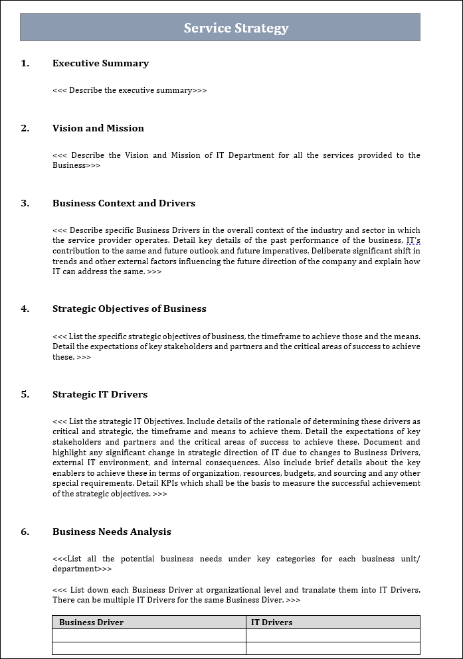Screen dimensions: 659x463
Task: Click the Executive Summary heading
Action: tap(100, 64)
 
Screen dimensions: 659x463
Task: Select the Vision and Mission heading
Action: tap(98, 129)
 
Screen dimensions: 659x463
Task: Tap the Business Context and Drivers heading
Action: tap(124, 204)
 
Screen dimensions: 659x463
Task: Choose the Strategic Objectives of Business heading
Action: tap(129, 309)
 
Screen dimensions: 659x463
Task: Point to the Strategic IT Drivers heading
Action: tap(100, 395)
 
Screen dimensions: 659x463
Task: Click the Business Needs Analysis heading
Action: tap(112, 532)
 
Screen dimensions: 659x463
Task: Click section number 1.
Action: tap(25, 64)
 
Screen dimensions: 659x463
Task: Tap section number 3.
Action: tap(25, 204)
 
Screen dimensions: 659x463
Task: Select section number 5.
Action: tap(25, 395)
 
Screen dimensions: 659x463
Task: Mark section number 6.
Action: tap(25, 532)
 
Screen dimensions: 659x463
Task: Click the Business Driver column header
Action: tap(91, 622)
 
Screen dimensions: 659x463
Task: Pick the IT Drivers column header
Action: tap(271, 622)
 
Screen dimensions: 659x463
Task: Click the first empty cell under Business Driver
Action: tap(149, 635)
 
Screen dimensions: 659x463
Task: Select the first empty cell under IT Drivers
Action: tap(333, 635)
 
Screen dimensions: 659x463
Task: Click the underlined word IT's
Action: tap(413, 240)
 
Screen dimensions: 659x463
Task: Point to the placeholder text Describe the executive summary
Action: tap(130, 90)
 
